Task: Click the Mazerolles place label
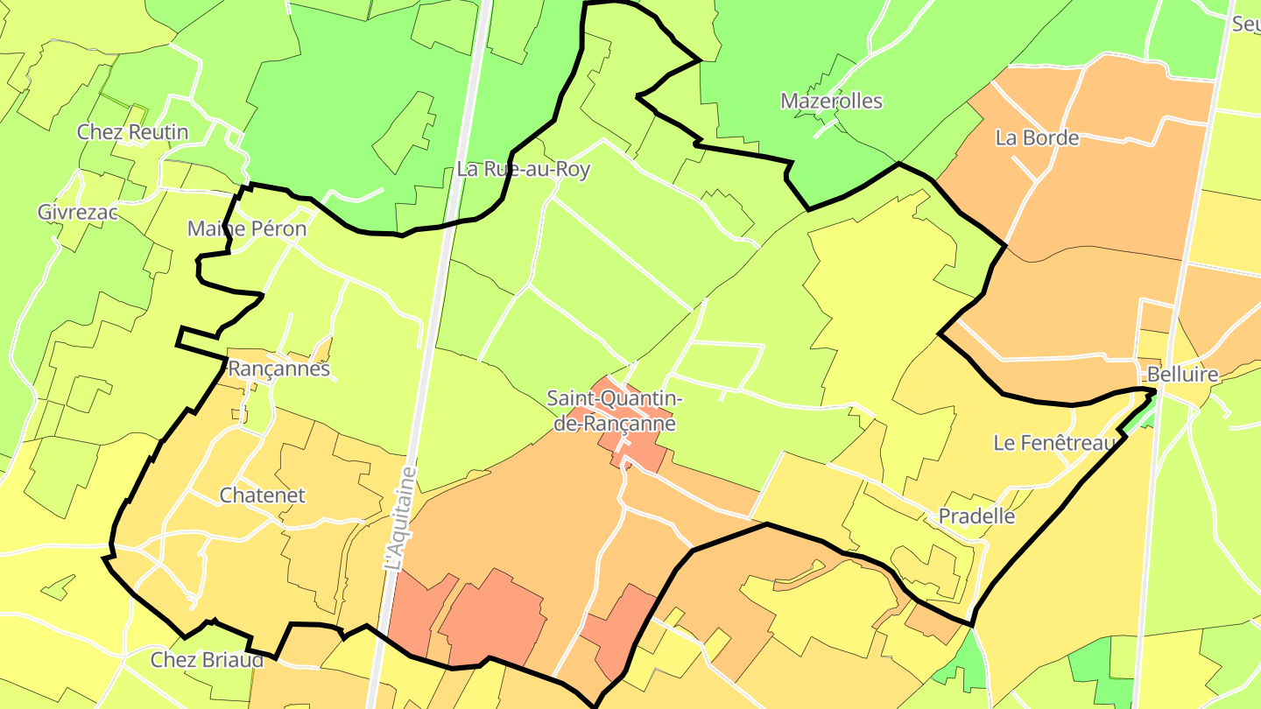point(831,101)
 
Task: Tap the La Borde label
point(1037,137)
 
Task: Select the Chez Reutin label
point(132,132)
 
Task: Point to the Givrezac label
point(77,212)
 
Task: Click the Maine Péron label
point(247,229)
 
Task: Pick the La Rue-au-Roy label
point(523,170)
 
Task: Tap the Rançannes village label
point(278,369)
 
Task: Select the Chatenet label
point(262,495)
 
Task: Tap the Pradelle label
point(976,516)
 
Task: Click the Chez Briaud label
point(207,660)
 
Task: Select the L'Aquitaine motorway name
point(401,520)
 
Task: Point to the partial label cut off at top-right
point(1246,25)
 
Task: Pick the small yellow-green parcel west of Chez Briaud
point(60,587)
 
